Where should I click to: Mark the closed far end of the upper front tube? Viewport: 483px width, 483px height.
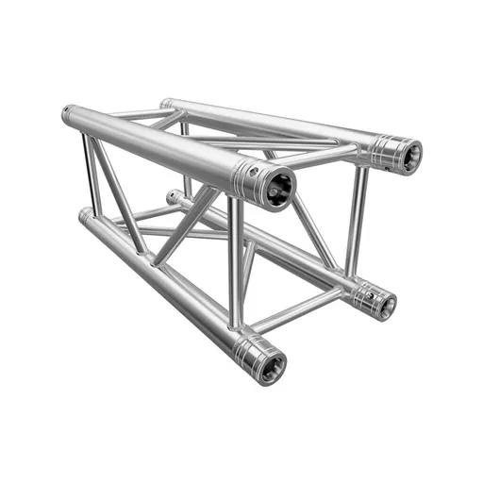tap(68, 115)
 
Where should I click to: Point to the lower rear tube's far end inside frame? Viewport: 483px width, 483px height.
tap(174, 198)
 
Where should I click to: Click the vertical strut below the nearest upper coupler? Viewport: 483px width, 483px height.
tap(235, 264)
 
